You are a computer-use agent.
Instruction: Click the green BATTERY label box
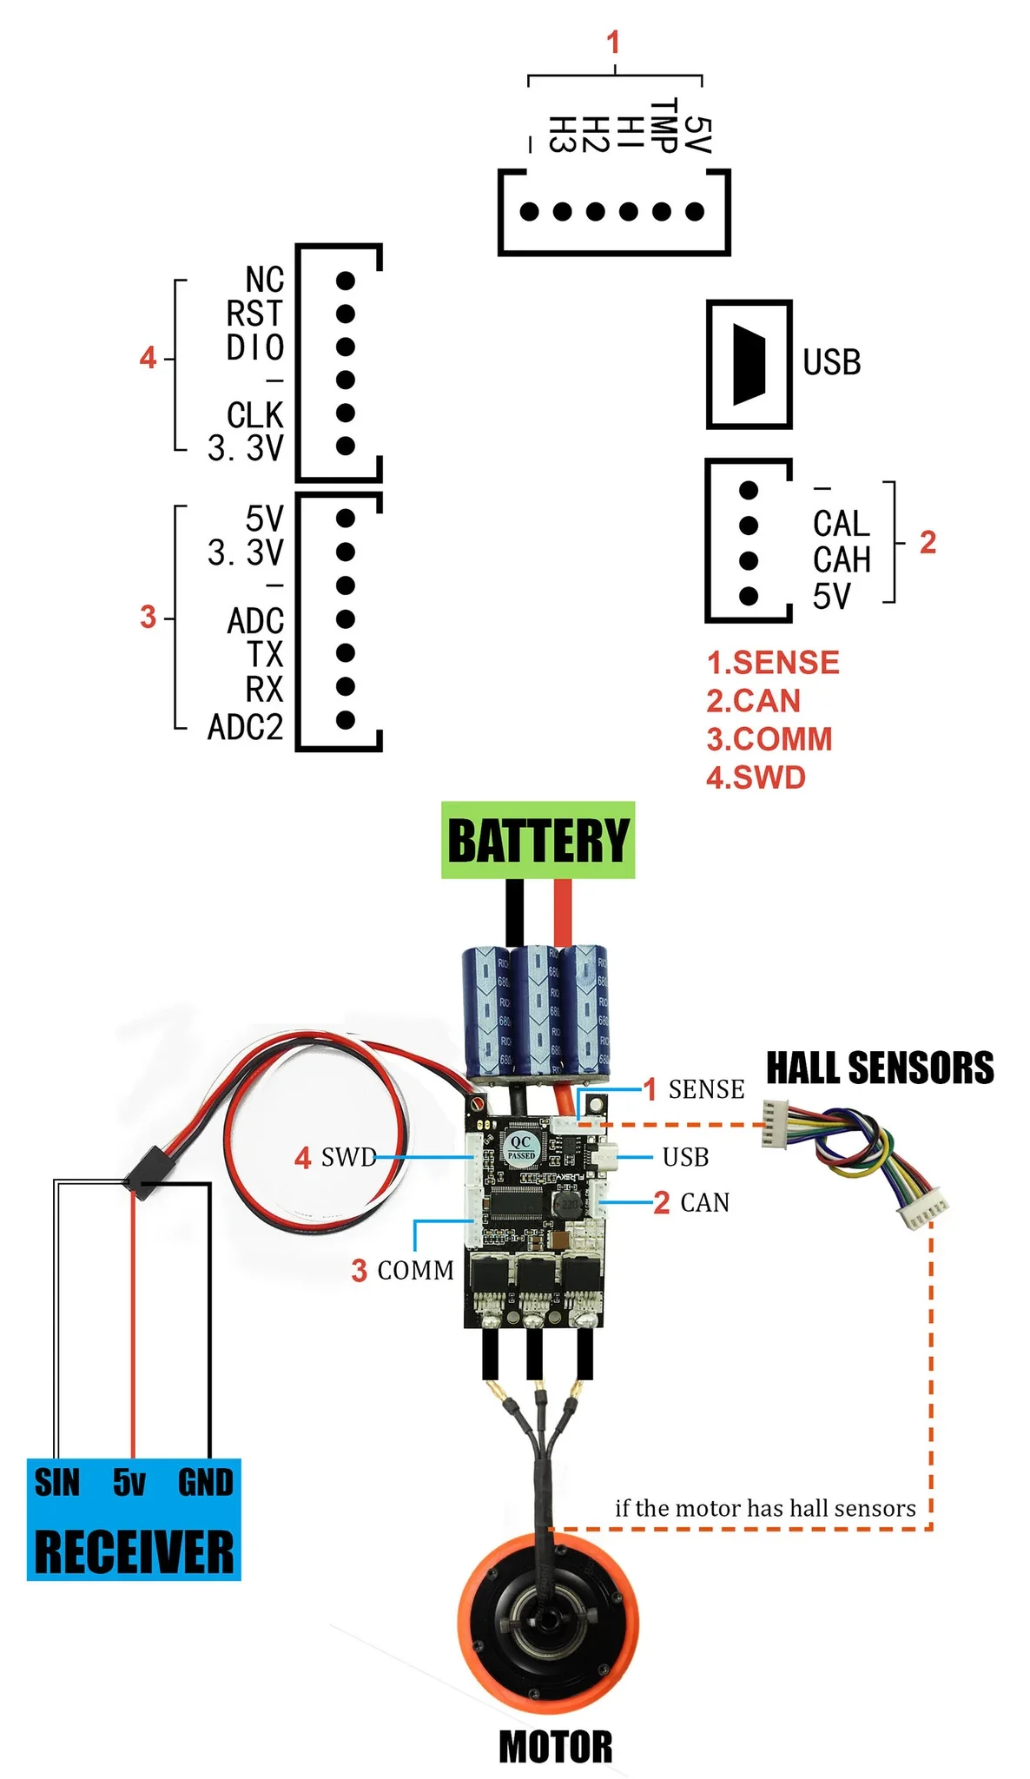pos(538,840)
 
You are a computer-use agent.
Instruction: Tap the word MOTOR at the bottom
pos(556,1747)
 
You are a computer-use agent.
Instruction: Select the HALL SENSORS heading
pos(879,1068)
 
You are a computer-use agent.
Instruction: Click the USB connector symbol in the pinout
pos(749,365)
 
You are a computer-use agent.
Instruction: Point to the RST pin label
pos(254,314)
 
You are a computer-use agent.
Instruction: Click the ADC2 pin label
pos(245,727)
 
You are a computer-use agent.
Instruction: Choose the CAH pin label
pos(841,560)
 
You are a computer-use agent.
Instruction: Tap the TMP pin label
pos(664,127)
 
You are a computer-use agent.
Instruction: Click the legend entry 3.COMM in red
pos(769,739)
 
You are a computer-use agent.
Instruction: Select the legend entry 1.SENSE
pos(772,663)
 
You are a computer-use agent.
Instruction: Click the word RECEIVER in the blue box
pos(134,1552)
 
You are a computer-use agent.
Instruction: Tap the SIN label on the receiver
pos(57,1482)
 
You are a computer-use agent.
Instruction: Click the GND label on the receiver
pos(205,1482)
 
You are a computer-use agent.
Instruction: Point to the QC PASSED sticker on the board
pos(521,1147)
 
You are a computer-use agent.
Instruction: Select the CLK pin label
pos(254,414)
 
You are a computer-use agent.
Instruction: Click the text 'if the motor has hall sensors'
pos(764,1508)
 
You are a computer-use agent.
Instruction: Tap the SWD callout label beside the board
pos(348,1157)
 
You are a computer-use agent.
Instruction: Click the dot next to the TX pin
pos(345,652)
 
